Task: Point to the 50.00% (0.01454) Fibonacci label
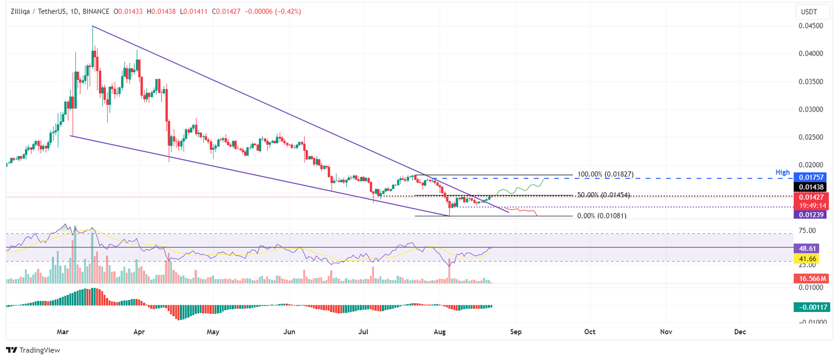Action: (603, 195)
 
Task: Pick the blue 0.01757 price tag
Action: (811, 178)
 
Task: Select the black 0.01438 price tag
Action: (811, 187)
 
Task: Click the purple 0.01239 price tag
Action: (811, 215)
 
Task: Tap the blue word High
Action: (783, 173)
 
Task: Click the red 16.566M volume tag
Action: (811, 279)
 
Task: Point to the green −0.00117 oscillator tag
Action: (811, 307)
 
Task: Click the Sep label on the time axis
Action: (514, 332)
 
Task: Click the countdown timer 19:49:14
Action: (811, 205)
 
